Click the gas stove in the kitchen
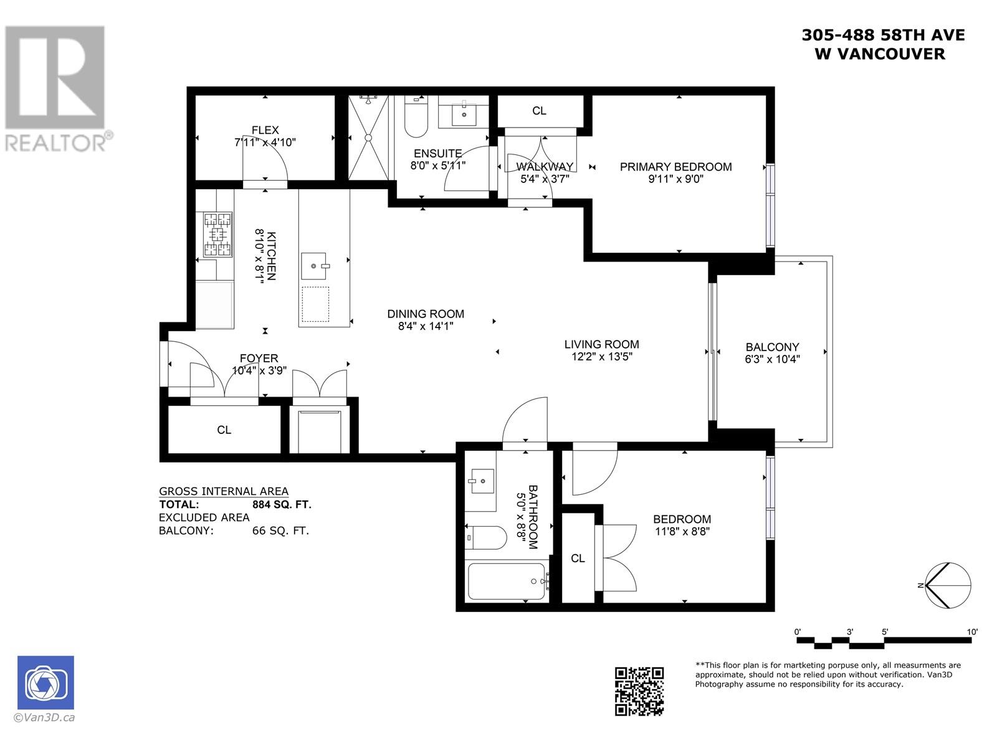[x=217, y=235]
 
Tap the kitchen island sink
[x=314, y=266]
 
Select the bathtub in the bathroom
[x=507, y=581]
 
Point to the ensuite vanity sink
[x=464, y=113]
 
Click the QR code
[x=639, y=692]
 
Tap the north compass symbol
[x=948, y=585]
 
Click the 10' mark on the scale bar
[x=972, y=632]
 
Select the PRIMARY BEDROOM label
[x=675, y=167]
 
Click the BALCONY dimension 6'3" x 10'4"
[x=772, y=359]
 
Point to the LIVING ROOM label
[x=601, y=344]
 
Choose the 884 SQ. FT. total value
[x=282, y=504]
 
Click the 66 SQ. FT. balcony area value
[x=280, y=530]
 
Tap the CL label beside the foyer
[x=224, y=430]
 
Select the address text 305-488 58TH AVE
[x=883, y=35]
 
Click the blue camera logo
[x=45, y=682]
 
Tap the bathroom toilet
[x=486, y=537]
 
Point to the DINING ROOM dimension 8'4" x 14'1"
[x=426, y=326]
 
